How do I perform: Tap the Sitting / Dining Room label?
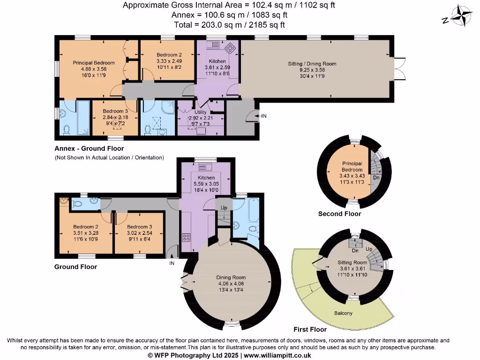[x=312, y=64]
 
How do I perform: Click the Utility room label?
[x=201, y=112]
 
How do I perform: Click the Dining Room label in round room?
[x=228, y=277]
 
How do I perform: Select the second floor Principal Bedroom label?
[x=352, y=166]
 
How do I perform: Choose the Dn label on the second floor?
[x=376, y=178]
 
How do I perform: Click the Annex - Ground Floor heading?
[x=89, y=149]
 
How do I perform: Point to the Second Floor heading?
[x=339, y=214]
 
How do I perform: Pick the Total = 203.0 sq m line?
[x=229, y=25]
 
